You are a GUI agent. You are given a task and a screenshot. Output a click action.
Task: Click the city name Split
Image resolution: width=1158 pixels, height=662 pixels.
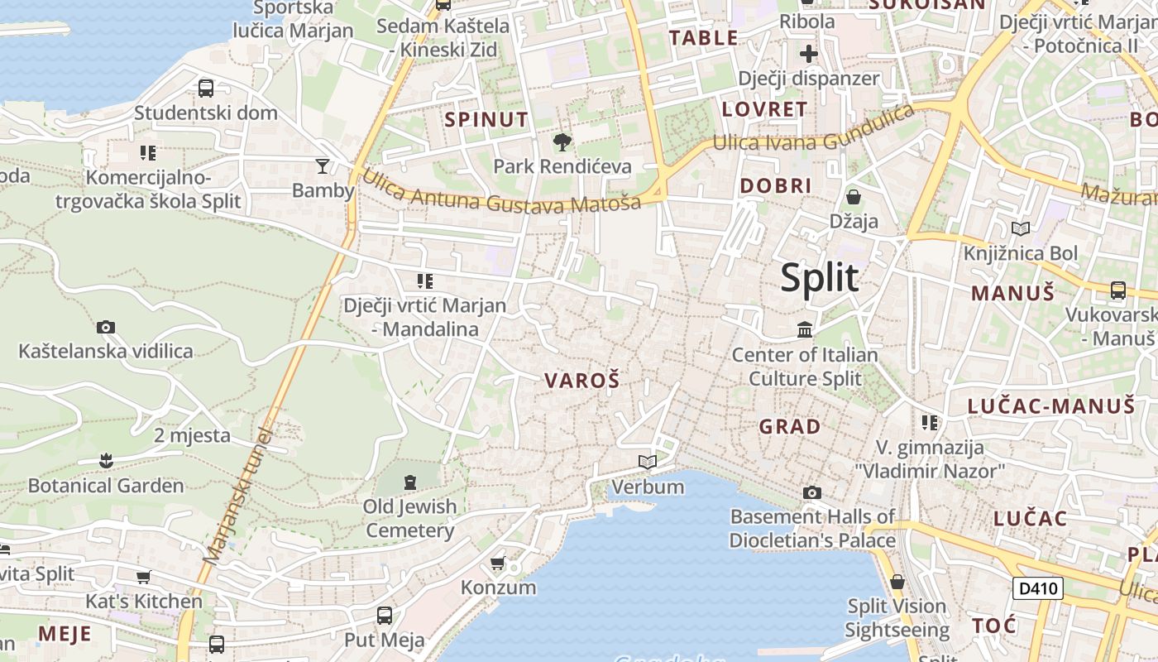point(820,278)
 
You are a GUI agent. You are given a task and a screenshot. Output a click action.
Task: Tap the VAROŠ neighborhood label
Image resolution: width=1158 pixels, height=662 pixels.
point(582,381)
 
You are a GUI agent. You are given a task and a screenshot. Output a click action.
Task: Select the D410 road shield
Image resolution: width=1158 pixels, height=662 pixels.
point(1037,588)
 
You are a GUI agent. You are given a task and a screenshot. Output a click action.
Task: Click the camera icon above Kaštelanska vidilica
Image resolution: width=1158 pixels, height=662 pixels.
point(105,327)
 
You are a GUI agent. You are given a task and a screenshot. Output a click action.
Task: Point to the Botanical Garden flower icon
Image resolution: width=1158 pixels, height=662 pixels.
point(105,459)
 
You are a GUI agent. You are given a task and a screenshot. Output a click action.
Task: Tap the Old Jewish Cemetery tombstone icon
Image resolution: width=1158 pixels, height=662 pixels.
point(410,482)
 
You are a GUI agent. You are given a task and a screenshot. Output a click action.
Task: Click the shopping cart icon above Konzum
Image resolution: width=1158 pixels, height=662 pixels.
point(498,564)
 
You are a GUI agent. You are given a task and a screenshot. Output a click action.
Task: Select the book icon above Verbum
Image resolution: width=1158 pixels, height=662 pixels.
point(648,462)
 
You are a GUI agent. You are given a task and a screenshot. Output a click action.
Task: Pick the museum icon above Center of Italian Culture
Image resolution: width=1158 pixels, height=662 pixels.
point(805,330)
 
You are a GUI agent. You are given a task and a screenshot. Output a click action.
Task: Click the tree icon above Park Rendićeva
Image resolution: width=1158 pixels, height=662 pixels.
point(562,142)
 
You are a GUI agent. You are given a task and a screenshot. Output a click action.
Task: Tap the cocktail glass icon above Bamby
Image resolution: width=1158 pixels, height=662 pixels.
point(323,165)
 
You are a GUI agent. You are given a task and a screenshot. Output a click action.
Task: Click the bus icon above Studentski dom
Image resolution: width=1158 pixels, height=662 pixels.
point(206,88)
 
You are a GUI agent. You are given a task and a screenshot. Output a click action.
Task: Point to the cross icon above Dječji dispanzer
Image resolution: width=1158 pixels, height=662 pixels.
point(808,55)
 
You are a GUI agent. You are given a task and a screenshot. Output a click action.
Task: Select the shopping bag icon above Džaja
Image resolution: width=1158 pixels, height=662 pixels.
point(854,197)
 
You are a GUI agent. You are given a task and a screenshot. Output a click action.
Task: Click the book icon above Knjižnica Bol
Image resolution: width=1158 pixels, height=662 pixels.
point(1021,228)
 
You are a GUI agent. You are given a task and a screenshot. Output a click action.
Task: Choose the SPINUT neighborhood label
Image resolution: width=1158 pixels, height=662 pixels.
point(486,119)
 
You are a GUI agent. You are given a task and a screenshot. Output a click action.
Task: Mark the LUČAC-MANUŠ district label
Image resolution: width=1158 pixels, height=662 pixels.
point(1051,405)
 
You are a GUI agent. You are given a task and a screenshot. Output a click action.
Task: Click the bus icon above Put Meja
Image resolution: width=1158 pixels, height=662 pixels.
point(385,616)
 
